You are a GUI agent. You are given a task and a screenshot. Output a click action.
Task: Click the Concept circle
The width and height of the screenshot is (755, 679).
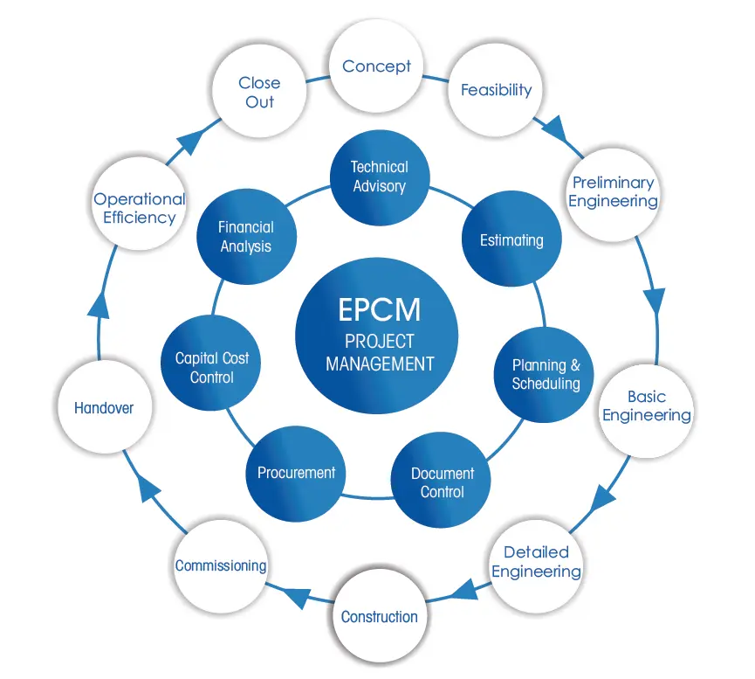(x=376, y=66)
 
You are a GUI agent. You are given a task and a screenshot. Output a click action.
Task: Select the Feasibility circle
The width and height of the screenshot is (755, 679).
(x=496, y=90)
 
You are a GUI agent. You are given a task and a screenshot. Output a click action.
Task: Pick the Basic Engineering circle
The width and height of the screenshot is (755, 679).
(x=647, y=411)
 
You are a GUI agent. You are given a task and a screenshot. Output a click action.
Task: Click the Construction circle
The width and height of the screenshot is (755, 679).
(x=380, y=616)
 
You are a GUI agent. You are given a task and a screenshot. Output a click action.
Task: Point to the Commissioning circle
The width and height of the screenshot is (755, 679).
(x=221, y=566)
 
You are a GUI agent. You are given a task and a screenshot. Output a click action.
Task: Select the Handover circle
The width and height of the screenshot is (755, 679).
(x=105, y=407)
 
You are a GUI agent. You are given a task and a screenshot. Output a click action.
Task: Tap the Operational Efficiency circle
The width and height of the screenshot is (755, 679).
(x=140, y=204)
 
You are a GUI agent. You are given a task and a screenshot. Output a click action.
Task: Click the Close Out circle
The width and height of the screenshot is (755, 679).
(x=259, y=92)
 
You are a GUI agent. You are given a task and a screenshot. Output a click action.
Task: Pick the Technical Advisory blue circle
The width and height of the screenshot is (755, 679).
(x=380, y=177)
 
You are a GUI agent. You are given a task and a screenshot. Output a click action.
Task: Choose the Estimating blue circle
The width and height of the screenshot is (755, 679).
(x=511, y=239)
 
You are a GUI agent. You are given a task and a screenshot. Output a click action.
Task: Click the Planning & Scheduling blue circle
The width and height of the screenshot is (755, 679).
(x=544, y=375)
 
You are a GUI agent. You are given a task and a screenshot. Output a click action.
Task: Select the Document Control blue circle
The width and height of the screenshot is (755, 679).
(x=441, y=480)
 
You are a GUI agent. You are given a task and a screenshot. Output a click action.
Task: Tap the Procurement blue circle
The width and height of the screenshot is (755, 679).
(x=296, y=474)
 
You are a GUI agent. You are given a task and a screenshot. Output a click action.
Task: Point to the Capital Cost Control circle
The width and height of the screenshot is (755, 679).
(x=211, y=363)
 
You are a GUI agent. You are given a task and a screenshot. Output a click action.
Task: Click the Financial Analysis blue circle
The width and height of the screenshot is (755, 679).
(x=246, y=236)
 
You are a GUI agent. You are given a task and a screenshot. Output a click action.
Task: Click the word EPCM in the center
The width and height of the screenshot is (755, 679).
(x=380, y=309)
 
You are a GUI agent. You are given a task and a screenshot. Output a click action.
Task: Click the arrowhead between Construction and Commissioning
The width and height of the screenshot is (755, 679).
(x=296, y=597)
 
